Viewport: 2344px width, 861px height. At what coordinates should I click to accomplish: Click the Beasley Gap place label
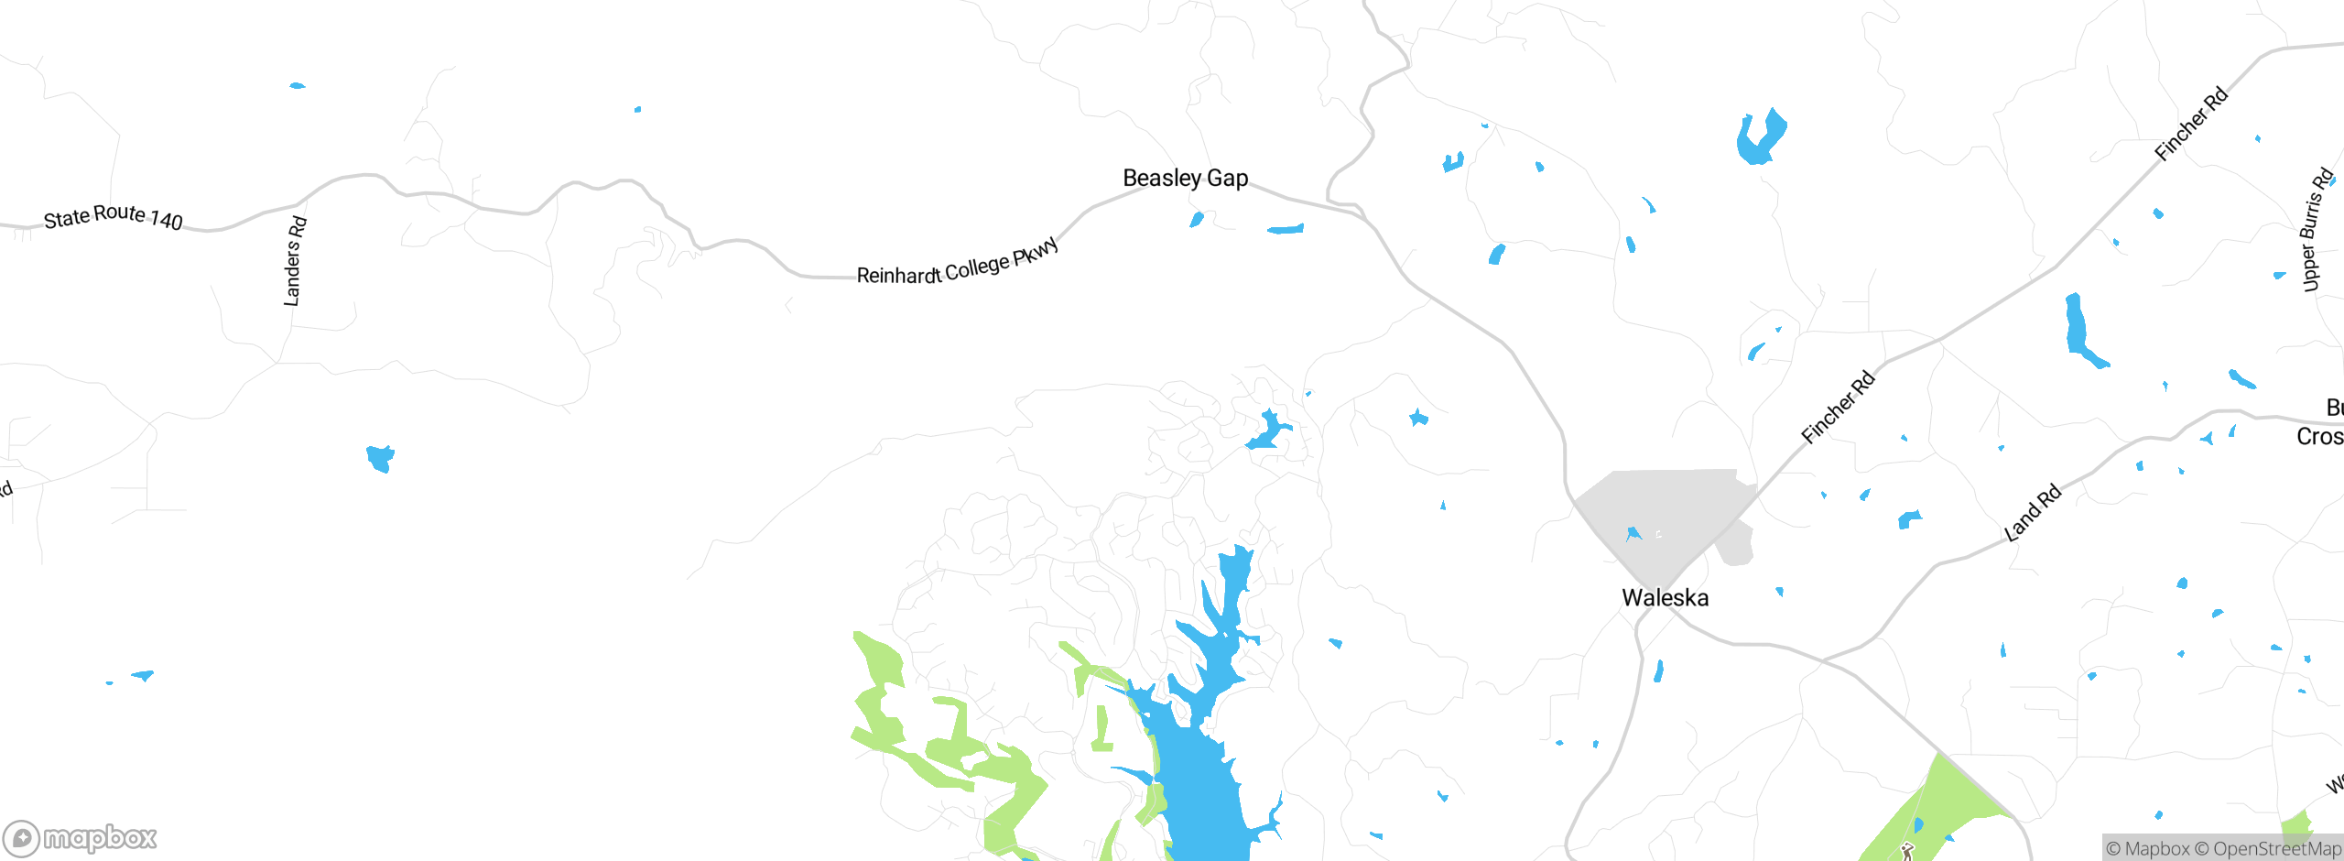point(1185,178)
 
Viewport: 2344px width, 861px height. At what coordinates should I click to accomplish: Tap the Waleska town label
point(1665,598)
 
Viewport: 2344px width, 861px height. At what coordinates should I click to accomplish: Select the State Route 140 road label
point(114,217)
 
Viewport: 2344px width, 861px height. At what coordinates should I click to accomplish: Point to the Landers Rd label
point(293,261)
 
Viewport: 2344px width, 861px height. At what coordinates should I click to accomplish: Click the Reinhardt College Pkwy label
point(958,263)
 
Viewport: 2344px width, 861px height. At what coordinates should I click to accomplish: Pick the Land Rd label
point(2033,513)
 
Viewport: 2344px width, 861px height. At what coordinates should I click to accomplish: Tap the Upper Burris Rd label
point(2316,230)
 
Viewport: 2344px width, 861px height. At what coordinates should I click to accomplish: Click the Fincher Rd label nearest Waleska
point(1838,408)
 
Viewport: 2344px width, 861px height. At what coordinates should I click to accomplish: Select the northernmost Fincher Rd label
point(2190,125)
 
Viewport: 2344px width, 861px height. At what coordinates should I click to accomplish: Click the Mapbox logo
point(81,837)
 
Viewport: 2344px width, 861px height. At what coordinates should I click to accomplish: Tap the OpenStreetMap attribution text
point(2276,849)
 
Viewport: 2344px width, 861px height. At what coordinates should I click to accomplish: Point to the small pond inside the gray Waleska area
point(1633,533)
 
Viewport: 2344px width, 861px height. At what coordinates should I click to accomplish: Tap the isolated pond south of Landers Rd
point(380,457)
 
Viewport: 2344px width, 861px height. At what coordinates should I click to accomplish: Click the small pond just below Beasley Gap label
point(1196,220)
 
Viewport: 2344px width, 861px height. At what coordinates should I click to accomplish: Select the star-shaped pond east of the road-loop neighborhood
point(1418,419)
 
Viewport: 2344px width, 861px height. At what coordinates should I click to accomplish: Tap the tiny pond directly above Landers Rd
point(297,86)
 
